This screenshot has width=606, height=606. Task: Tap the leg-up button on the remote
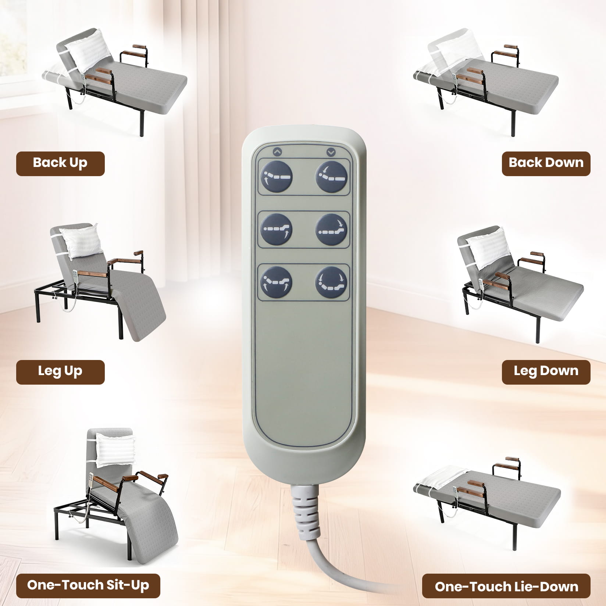coord(276,229)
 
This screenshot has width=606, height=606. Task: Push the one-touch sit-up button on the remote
coord(276,282)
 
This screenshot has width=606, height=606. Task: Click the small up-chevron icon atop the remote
coord(277,151)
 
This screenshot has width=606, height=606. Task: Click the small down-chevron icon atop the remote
coord(331,151)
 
